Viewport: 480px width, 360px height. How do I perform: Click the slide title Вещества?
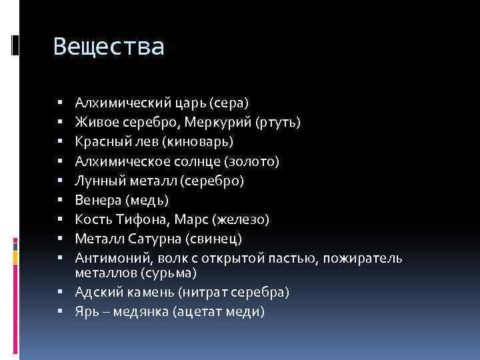coord(108,47)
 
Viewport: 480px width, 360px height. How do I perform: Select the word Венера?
coord(97,200)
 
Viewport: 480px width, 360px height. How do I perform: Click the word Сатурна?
coord(153,239)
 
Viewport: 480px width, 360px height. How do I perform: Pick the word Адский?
coord(97,292)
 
